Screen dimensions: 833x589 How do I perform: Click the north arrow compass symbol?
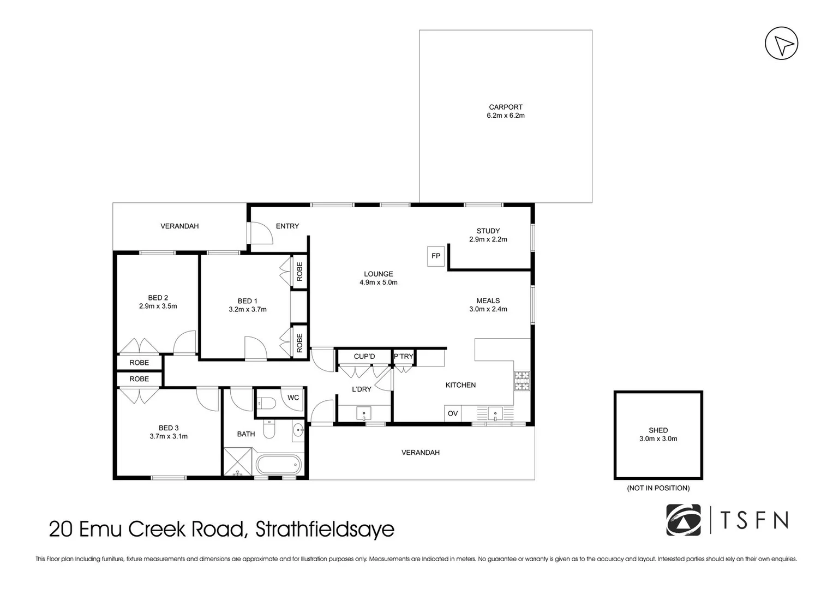(x=781, y=43)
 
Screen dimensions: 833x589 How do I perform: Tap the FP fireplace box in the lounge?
(x=436, y=256)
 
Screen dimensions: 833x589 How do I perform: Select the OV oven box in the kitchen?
(x=453, y=413)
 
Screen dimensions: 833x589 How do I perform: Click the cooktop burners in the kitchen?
(x=522, y=381)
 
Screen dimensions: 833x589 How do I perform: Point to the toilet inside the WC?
(x=266, y=402)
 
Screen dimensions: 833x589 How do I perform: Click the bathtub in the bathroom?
(x=279, y=465)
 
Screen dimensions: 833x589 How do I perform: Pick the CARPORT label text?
(x=505, y=107)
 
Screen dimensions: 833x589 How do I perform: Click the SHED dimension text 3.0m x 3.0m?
(x=658, y=439)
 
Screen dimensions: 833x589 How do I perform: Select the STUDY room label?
(x=488, y=231)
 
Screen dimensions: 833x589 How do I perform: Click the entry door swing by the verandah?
(x=262, y=233)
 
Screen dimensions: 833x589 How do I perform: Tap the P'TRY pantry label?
(x=404, y=356)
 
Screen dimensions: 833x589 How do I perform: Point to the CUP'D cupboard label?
(x=364, y=356)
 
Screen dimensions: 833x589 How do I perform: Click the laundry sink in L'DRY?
(x=364, y=413)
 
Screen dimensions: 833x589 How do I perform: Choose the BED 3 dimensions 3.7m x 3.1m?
(x=169, y=436)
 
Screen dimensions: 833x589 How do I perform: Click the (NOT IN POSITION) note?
(x=658, y=488)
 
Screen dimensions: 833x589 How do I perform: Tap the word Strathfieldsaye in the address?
(x=325, y=529)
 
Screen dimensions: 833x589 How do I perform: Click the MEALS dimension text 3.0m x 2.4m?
(x=488, y=309)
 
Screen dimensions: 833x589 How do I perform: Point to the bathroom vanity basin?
(x=298, y=431)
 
